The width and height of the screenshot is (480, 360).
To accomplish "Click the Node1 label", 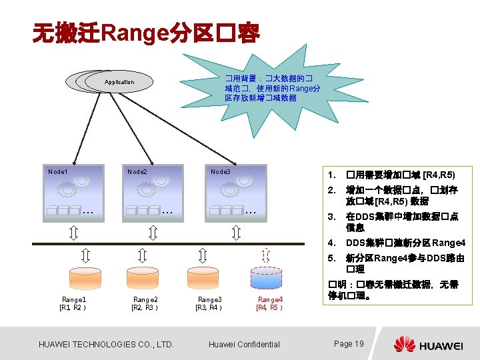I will [58, 172].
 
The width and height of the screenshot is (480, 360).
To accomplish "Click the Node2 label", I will [137, 172].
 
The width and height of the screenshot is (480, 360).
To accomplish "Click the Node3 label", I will [221, 172].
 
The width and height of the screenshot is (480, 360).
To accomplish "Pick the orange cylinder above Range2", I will [144, 277].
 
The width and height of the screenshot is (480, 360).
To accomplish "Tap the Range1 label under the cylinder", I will [74, 300].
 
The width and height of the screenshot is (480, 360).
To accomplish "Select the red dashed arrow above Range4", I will [265, 255].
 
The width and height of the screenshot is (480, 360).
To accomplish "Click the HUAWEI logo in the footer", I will [428, 345].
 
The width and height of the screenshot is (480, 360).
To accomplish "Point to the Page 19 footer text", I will [349, 344].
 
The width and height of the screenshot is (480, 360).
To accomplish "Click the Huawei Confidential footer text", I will [244, 345].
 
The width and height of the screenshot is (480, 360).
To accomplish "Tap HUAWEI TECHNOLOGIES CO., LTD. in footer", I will [107, 345].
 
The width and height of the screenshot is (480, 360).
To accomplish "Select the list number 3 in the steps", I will [330, 217].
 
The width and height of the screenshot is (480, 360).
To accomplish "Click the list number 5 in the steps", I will [330, 258].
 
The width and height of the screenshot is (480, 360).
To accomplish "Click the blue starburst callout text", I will [273, 88].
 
